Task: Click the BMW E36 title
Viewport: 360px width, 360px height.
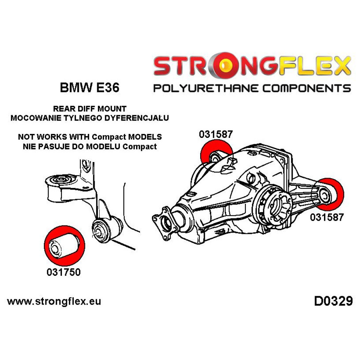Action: coord(89,88)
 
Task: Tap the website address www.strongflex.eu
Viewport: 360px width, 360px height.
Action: coord(54,301)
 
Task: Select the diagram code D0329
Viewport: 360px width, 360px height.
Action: coord(333,301)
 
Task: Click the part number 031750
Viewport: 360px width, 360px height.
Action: coord(63,272)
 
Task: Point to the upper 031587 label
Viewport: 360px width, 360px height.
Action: coord(216,135)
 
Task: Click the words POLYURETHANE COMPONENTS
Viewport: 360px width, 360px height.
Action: coord(252,88)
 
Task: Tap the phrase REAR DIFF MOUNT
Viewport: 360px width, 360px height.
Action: coord(90,108)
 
